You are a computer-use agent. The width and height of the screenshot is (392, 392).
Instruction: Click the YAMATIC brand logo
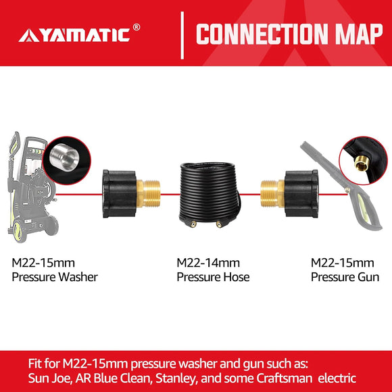[x=75, y=34]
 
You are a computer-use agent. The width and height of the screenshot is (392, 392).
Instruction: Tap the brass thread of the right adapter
[x=269, y=195]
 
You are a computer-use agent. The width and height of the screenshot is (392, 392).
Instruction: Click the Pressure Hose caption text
[x=213, y=277]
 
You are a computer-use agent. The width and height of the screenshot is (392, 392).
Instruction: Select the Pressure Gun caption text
[x=345, y=276]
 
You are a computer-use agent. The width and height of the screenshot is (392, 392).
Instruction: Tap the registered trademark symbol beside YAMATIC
[x=137, y=28]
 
